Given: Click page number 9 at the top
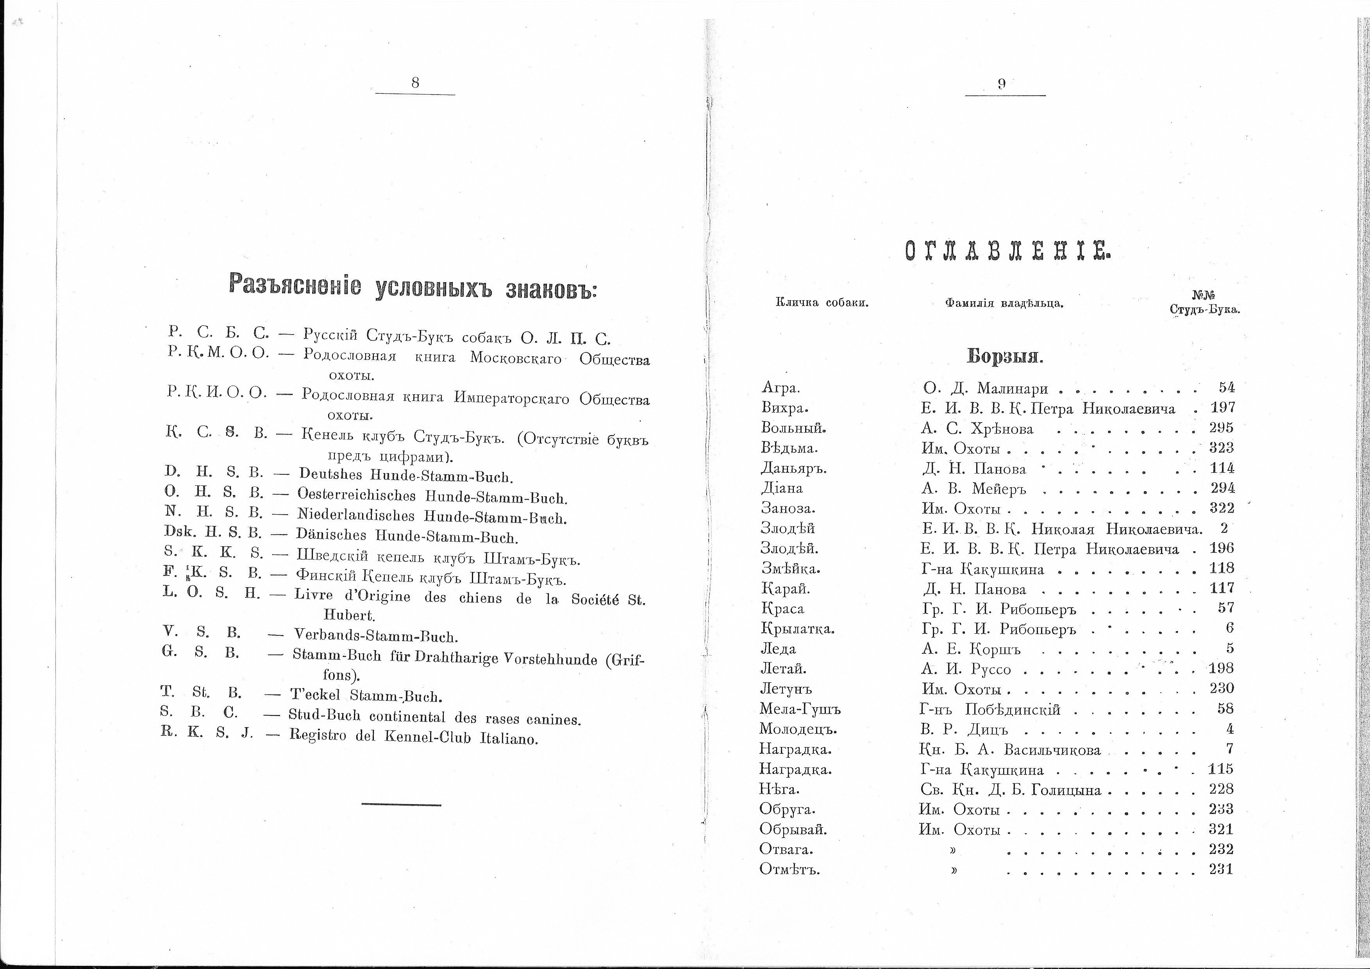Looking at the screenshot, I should (1002, 84).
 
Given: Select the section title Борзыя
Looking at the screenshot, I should (1004, 357).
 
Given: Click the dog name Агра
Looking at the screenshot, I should (781, 388).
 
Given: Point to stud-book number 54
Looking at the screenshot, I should (1226, 388).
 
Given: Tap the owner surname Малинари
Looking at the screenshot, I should (1012, 388).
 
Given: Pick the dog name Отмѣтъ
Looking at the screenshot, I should (789, 869).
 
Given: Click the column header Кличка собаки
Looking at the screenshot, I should (822, 303).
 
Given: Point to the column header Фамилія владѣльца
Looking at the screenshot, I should (1004, 304).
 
